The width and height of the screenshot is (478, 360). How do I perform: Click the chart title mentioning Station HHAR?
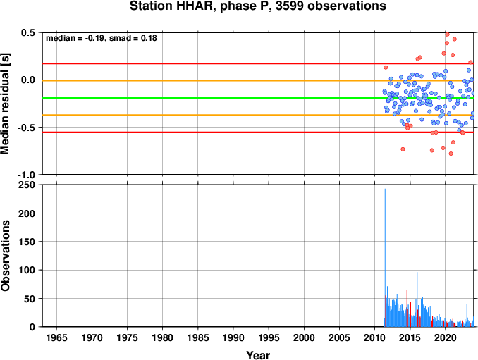[257, 6]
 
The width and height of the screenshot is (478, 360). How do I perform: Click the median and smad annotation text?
[102, 38]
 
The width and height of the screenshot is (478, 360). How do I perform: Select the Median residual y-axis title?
[5, 104]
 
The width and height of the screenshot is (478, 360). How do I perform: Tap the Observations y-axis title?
[5, 256]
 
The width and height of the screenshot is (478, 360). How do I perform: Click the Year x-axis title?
[258, 355]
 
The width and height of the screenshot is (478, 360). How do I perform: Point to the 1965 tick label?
[56, 337]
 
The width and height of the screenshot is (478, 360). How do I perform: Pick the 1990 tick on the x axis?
[233, 337]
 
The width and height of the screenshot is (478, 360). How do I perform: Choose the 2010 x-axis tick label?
[374, 337]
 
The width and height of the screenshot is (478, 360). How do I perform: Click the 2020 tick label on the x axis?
[446, 337]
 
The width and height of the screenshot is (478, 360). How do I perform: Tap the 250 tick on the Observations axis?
[27, 185]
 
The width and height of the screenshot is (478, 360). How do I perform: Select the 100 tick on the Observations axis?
[27, 270]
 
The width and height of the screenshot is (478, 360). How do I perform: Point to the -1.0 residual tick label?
[26, 175]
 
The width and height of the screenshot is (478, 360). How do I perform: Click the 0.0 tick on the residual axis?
[28, 80]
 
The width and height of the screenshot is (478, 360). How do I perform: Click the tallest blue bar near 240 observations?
[385, 258]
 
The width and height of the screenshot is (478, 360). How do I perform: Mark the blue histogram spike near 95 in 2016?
[417, 299]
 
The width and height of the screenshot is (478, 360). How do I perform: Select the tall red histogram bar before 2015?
[407, 309]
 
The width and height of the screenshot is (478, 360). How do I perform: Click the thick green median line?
[258, 98]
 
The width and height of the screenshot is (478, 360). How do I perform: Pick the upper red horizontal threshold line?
[258, 63]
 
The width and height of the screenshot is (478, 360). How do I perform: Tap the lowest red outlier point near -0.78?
[451, 154]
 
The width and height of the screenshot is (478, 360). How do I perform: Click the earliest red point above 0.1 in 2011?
[386, 68]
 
